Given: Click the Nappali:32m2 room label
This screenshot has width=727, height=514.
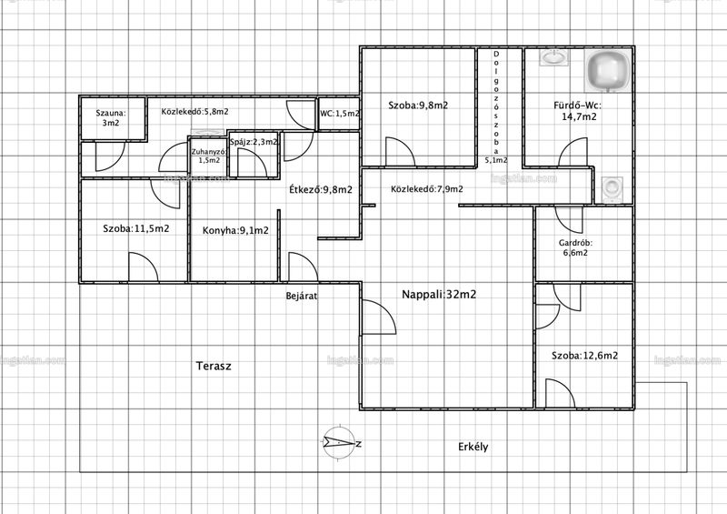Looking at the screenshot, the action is [439, 295].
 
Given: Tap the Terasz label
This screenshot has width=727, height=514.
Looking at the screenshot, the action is [214, 366].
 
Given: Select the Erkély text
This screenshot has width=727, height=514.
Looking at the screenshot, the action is [473, 447].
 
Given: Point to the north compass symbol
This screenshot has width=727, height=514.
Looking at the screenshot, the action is [340, 443].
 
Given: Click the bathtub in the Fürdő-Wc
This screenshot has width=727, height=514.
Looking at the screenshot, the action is [608, 71].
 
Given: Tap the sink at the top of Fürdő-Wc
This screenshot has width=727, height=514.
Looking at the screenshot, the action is [553, 57].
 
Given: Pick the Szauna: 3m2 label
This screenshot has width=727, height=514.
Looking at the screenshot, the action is [111, 118].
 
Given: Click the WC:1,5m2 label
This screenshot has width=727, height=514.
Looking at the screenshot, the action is [339, 114].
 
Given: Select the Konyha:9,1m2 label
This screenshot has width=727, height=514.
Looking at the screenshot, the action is [235, 230].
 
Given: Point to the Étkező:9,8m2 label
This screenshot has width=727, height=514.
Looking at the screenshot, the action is [321, 189].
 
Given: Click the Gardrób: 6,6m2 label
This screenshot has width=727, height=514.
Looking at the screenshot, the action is [575, 248].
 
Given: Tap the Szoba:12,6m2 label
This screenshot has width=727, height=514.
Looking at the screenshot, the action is [584, 356].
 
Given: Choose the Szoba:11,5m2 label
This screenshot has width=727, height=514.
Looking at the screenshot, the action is [135, 228].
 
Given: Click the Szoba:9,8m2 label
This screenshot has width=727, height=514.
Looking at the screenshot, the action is [418, 106].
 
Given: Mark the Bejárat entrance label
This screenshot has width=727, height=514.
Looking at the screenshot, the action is [302, 296].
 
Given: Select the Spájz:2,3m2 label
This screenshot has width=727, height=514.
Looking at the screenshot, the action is [254, 142].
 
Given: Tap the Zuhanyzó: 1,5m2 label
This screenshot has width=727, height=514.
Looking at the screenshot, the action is [209, 156].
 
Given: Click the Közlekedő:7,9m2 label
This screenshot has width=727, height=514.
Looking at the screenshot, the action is [426, 189].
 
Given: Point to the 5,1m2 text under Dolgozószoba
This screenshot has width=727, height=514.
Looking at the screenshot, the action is [496, 160].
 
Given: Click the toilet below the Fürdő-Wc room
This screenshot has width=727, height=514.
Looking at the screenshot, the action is [612, 189].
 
